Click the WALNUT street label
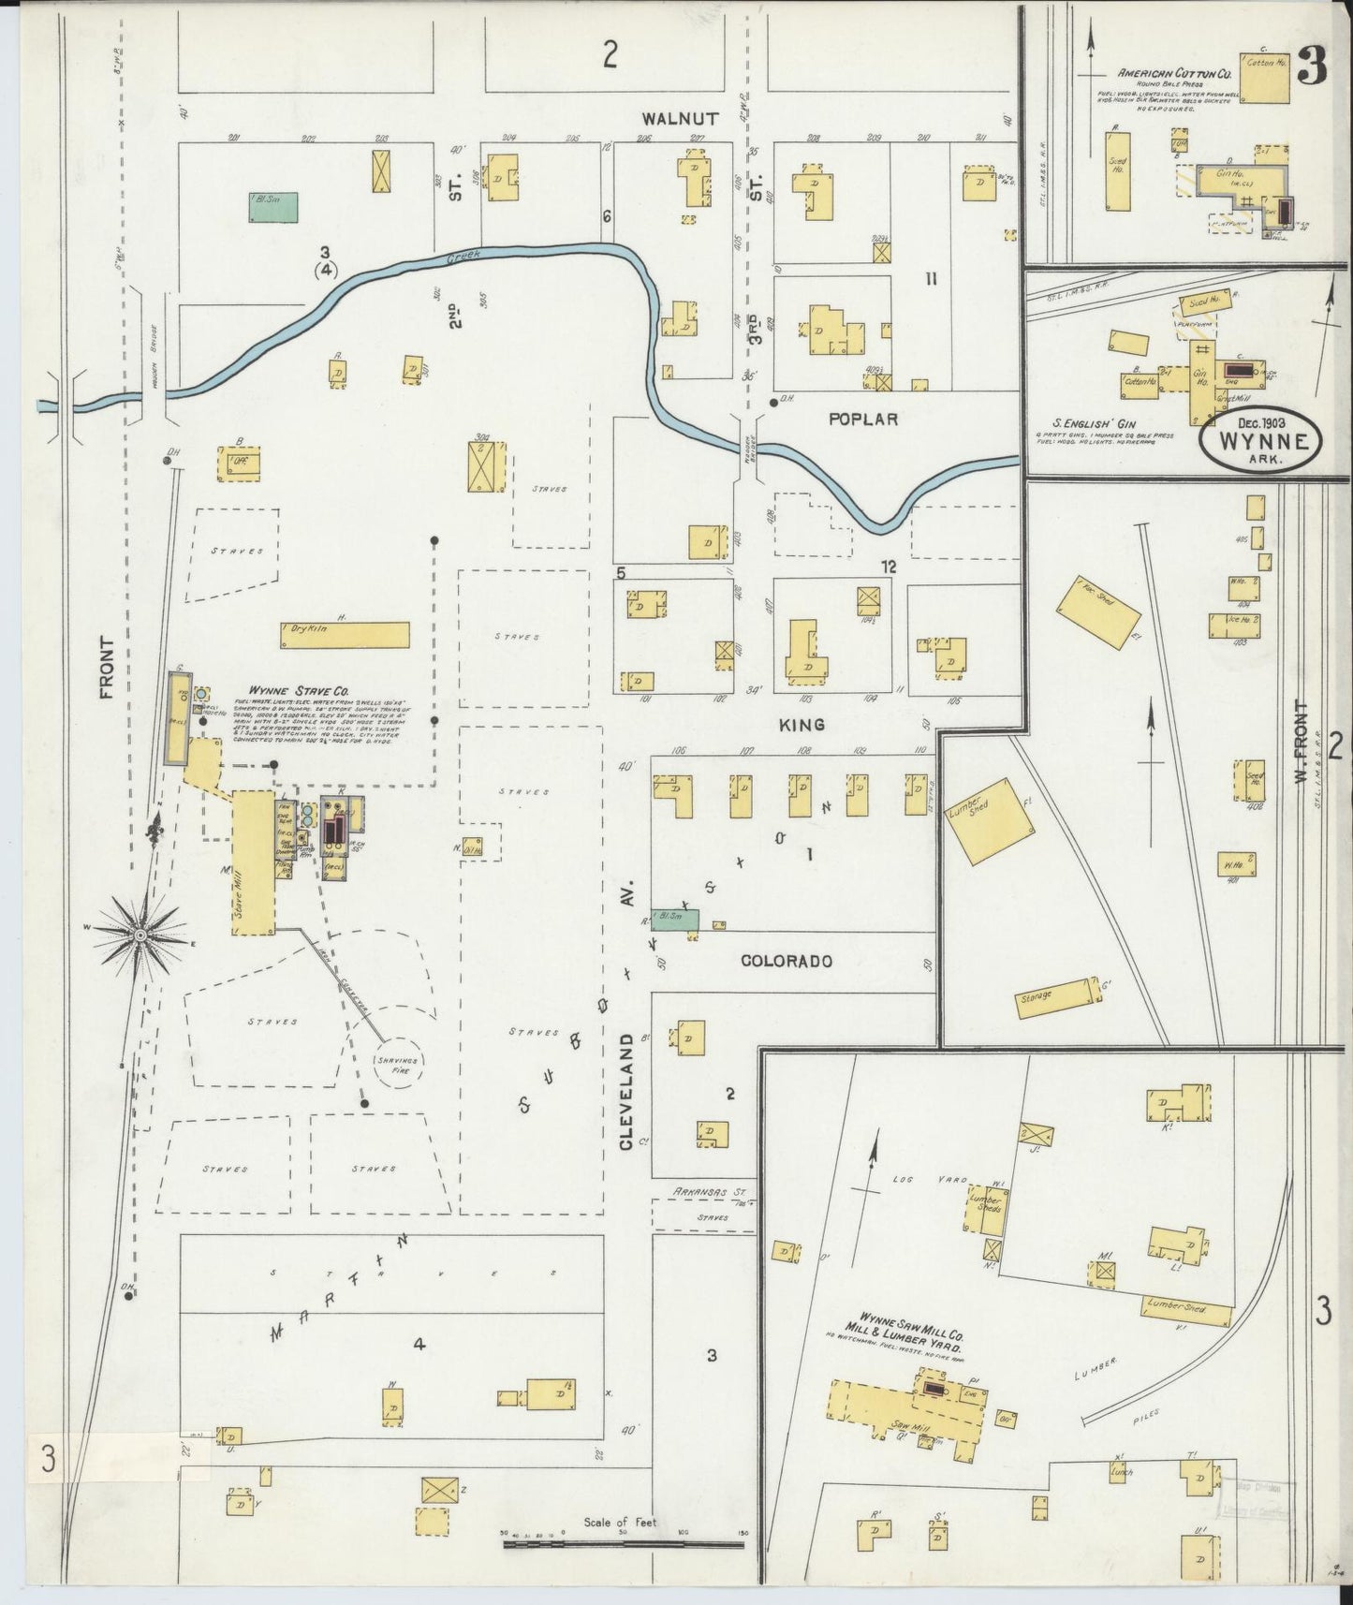tap(681, 119)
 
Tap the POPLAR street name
tap(864, 420)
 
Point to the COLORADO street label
tap(786, 961)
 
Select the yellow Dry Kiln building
tap(345, 635)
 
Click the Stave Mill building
tap(253, 862)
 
